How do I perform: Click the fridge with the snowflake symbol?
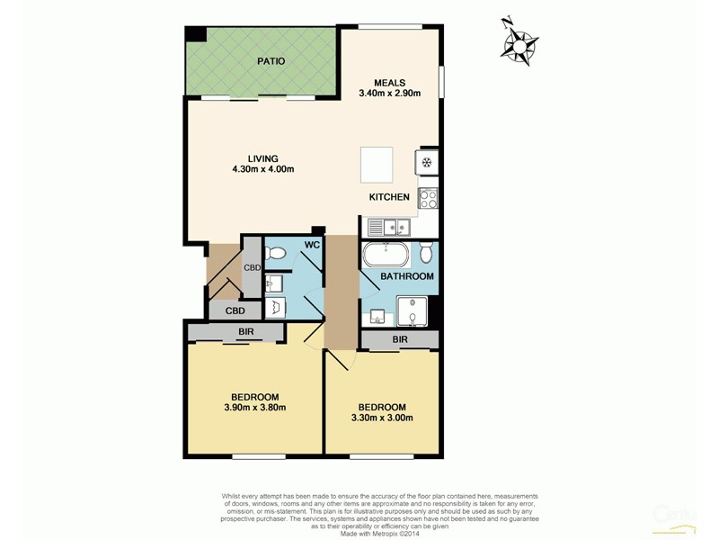426,163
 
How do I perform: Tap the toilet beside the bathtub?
426,252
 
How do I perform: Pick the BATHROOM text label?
406,276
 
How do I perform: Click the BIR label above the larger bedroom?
245,331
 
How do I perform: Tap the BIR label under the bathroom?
401,339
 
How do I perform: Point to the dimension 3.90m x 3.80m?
254,408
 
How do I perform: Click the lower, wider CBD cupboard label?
235,310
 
